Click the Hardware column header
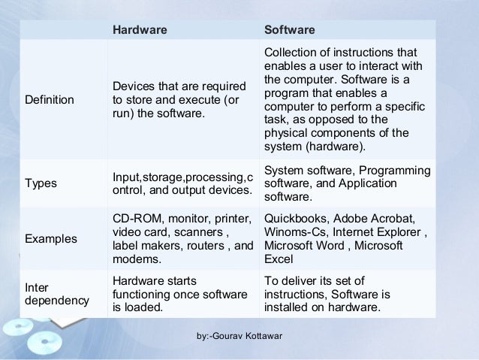pos(140,30)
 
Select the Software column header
pos(290,30)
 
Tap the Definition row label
pos(50,99)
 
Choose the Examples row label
pos(51,239)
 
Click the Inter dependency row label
pos(57,294)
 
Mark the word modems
pos(134,259)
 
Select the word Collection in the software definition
pos(291,52)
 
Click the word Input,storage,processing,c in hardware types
pos(179,177)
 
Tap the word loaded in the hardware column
pos(140,307)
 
